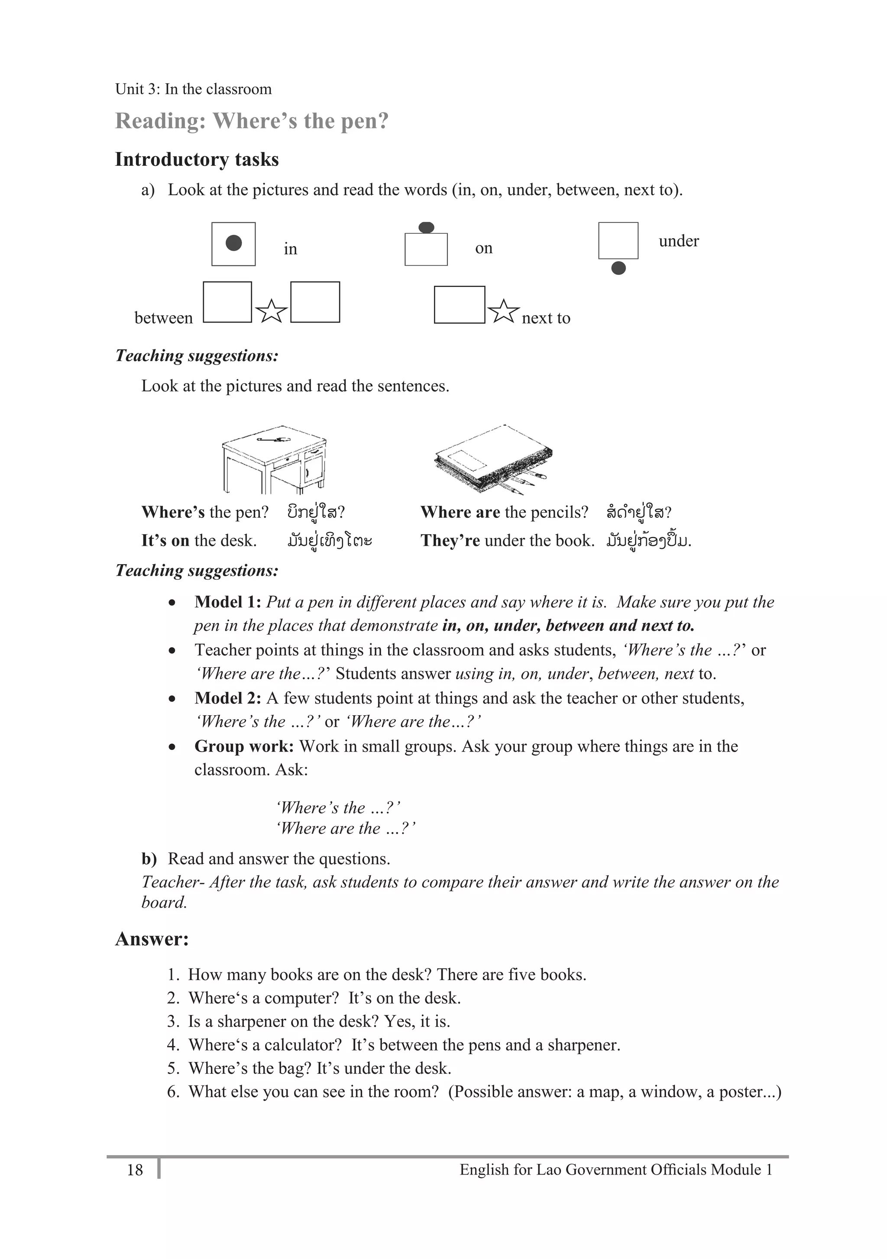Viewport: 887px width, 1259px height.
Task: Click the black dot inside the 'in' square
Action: [x=234, y=243]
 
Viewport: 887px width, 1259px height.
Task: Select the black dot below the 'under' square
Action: [x=618, y=268]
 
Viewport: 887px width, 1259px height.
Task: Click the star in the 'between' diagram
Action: [x=271, y=312]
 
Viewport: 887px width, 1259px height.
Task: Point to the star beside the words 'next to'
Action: [x=503, y=312]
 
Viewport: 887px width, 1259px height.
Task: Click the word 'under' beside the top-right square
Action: [x=679, y=241]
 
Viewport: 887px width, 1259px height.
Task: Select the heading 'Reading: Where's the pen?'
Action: [x=252, y=121]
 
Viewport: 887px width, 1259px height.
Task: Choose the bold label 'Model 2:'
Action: [x=228, y=698]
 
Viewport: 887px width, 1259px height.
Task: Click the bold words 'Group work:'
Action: [x=244, y=746]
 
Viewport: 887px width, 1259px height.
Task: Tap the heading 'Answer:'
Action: [x=152, y=939]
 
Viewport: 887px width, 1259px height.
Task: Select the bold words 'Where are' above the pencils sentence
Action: [x=460, y=512]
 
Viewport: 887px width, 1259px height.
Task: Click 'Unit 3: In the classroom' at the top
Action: [x=193, y=89]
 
